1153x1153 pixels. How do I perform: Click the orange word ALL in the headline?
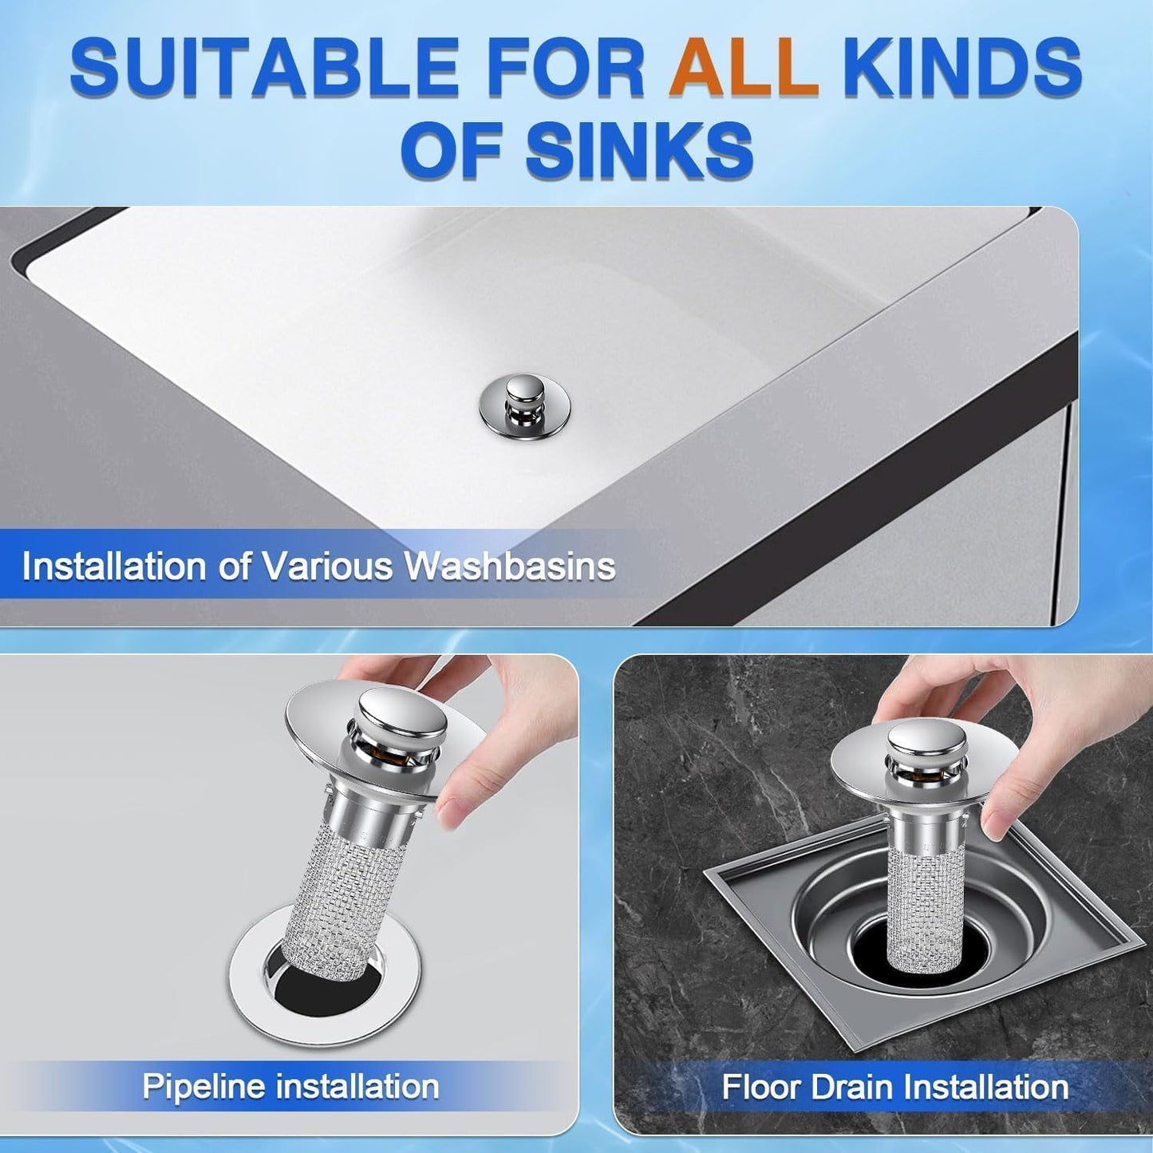tap(744, 68)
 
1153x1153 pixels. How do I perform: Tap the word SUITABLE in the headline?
tap(263, 68)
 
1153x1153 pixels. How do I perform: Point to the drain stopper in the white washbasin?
tap(524, 404)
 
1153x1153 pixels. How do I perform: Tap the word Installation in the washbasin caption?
tap(114, 567)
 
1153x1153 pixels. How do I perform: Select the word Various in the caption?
tap(329, 567)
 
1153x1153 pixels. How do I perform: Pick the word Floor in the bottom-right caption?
tap(761, 1087)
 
